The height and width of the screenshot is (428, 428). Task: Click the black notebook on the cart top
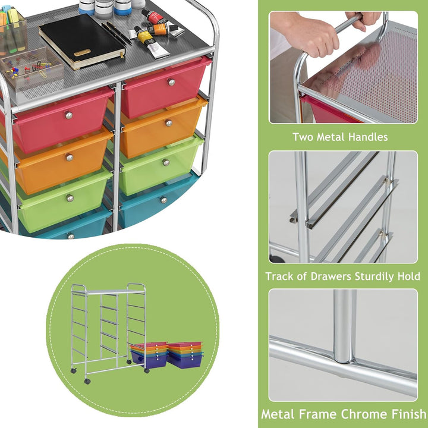coord(82,40)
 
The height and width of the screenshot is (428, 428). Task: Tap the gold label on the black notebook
coord(82,52)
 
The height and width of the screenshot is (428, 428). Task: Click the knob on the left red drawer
coord(68,115)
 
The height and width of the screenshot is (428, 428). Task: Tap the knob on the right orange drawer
coord(169,123)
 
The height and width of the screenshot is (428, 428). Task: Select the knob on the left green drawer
coord(70,198)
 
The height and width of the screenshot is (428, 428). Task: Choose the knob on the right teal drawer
coord(163,200)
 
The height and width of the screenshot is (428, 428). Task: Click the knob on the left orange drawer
coord(70,157)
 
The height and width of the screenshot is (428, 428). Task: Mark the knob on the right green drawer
coord(166,162)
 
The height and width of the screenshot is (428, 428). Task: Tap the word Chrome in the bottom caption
coord(366,414)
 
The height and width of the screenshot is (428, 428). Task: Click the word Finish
coord(410,414)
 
